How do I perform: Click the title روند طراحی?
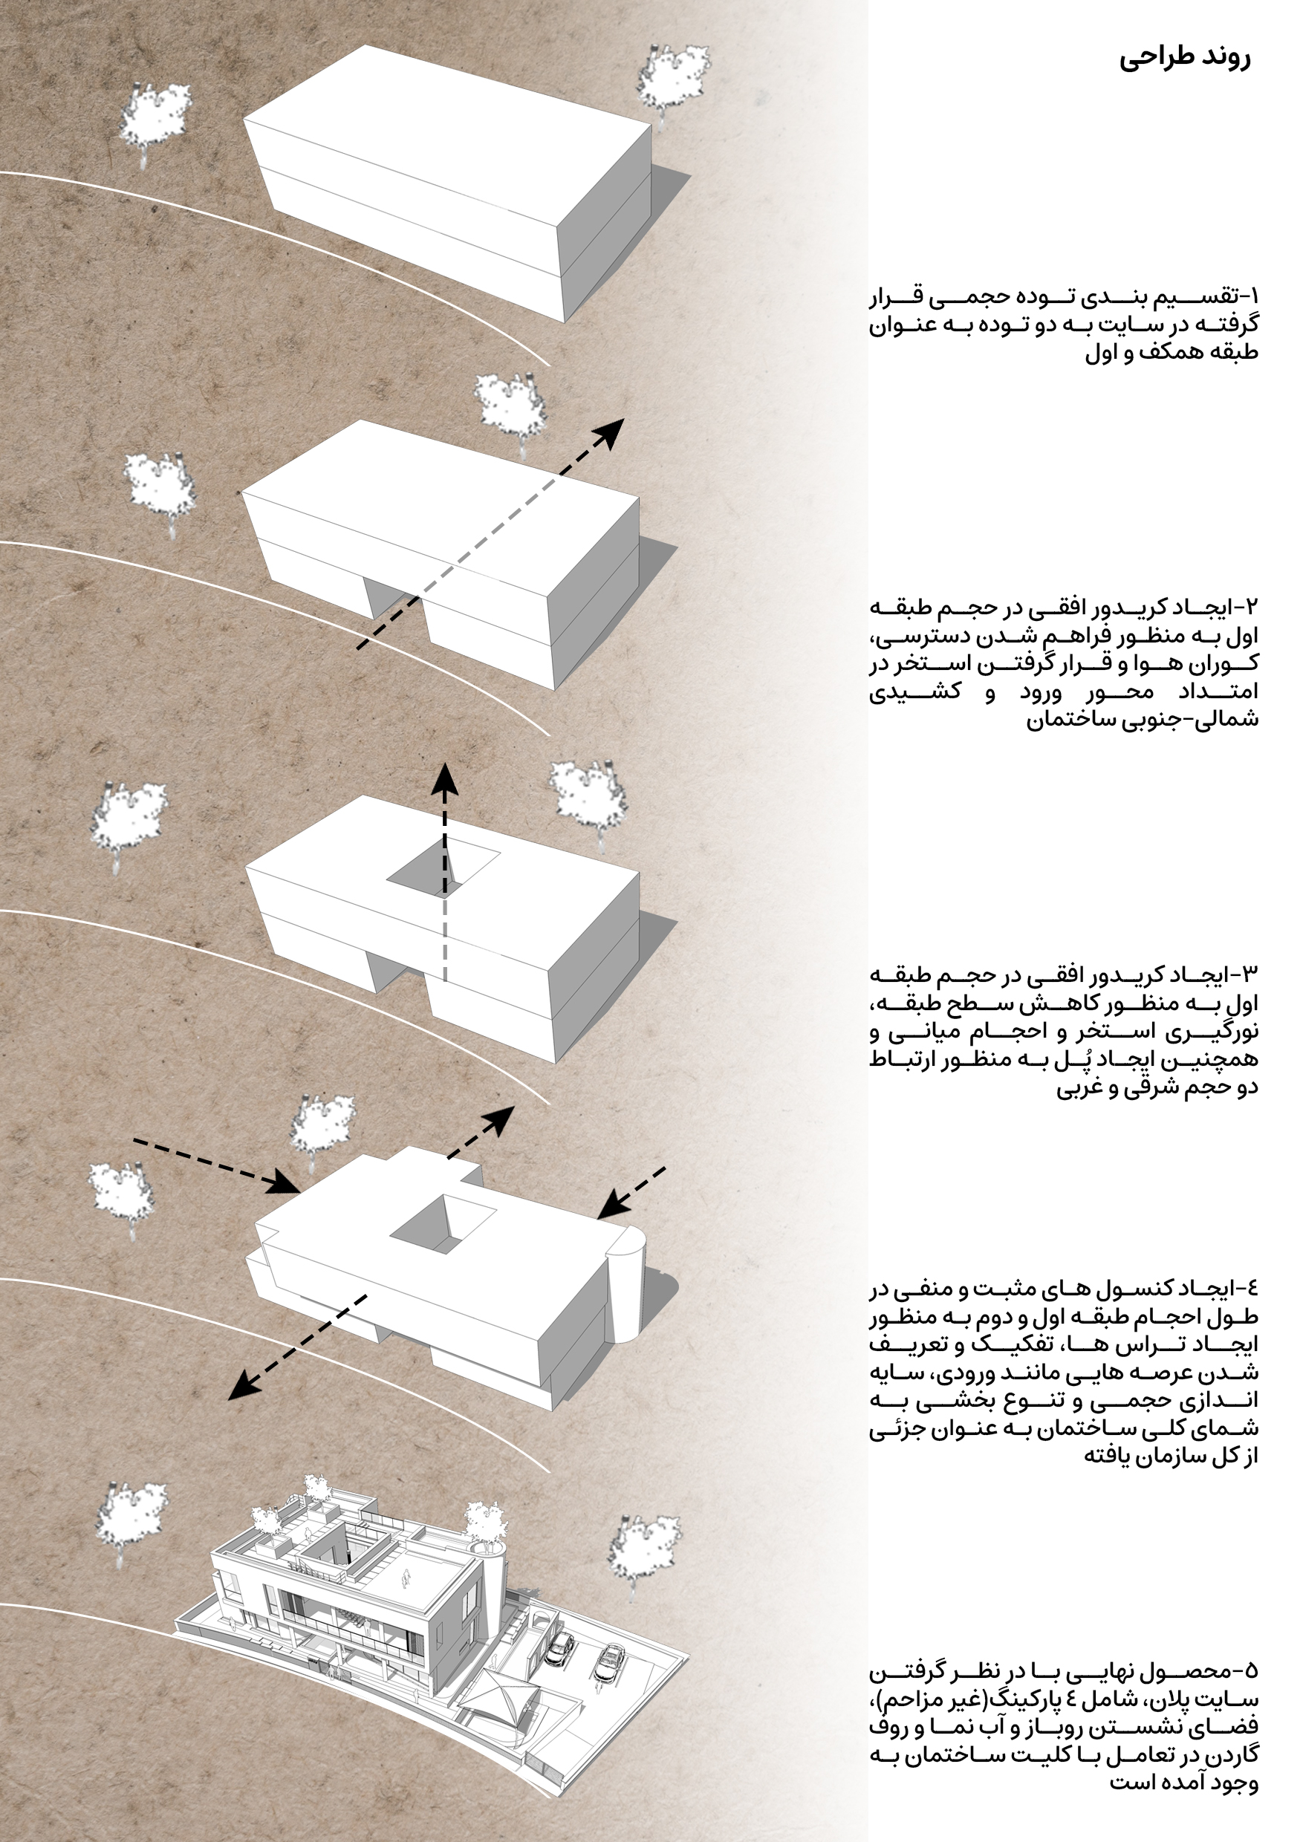(1184, 58)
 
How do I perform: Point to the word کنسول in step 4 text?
(1131, 1289)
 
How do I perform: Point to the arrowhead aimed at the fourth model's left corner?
(285, 1183)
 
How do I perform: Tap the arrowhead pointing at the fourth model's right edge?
(614, 1203)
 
